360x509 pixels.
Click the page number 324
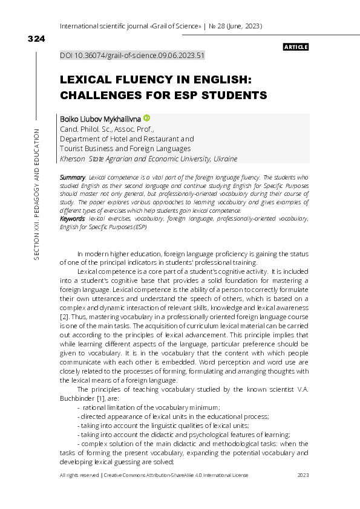(x=36, y=39)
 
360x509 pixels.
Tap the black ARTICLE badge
(x=296, y=47)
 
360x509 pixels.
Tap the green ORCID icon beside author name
(x=146, y=118)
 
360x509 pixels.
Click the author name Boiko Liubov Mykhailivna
(x=100, y=119)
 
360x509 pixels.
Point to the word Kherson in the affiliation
(x=73, y=159)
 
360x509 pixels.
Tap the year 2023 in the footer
(x=303, y=476)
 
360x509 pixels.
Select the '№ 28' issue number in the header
(x=217, y=27)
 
